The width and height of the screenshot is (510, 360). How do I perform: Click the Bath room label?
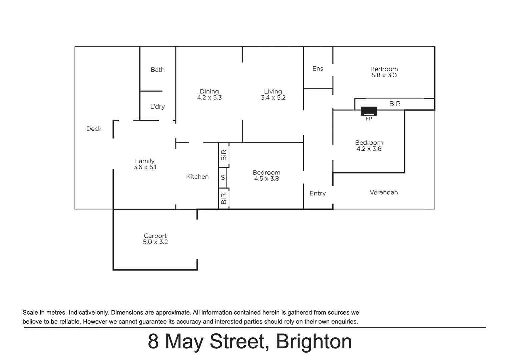click(157, 70)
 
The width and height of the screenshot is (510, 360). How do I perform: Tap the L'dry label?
click(157, 107)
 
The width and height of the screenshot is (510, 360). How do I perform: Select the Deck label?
click(94, 129)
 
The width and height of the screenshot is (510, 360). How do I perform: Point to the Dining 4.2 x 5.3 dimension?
click(209, 98)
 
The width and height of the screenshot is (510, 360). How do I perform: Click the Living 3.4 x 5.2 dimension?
click(273, 98)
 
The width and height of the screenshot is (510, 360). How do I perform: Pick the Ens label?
click(318, 68)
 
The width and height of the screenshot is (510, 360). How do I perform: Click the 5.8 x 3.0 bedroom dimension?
click(384, 75)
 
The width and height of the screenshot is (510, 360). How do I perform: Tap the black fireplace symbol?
click(369, 111)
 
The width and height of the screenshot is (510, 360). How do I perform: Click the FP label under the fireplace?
click(369, 119)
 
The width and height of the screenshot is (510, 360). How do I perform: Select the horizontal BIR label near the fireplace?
click(395, 104)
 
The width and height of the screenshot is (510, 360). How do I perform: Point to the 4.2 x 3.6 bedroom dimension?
click(369, 149)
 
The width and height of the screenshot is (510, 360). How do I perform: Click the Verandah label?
click(384, 192)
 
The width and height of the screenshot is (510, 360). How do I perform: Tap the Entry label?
click(318, 193)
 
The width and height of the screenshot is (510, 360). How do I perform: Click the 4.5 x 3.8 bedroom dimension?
click(267, 179)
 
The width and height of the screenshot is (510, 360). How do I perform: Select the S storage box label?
click(223, 178)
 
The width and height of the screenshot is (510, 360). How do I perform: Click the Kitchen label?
click(197, 177)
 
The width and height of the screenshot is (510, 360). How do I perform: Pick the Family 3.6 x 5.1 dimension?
click(145, 167)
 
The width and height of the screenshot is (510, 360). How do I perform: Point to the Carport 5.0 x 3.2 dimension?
click(155, 242)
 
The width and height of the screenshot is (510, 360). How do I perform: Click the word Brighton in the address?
click(314, 342)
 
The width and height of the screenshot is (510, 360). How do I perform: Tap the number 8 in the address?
click(153, 342)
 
